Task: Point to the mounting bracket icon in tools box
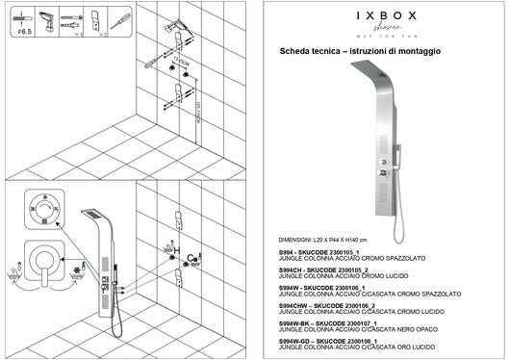(x=94, y=21)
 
